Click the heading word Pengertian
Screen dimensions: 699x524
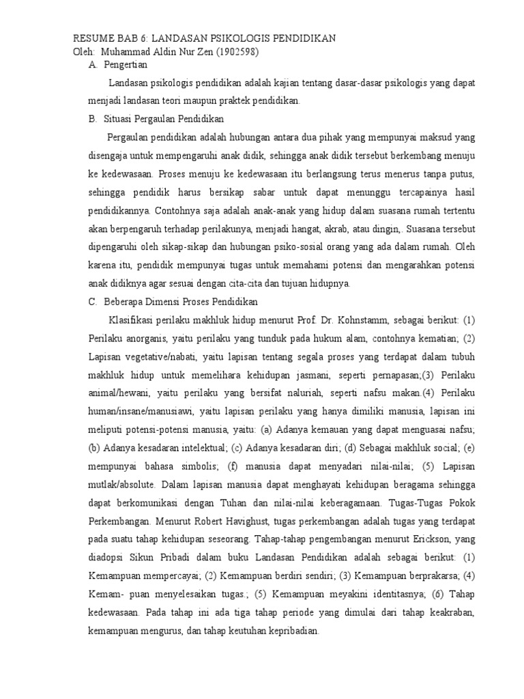click(126, 65)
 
